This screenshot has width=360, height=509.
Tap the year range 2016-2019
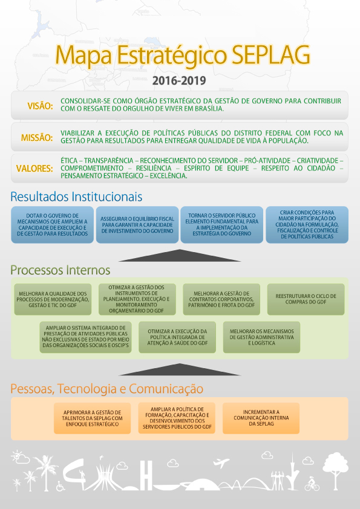179,80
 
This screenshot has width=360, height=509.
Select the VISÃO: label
41,106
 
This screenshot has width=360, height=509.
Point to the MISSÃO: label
37,138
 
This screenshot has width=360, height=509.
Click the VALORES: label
34,169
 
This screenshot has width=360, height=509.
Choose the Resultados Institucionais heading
76,196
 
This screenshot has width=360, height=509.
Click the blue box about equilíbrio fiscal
137,225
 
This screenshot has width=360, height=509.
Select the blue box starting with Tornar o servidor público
222,225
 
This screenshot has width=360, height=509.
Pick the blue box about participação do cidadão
307,225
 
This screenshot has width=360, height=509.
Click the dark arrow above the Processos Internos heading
180,256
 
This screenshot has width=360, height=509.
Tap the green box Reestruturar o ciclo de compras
306,299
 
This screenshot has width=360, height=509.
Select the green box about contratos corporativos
221,299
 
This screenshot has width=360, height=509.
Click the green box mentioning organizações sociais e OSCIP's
85,337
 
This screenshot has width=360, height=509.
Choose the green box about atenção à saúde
177,337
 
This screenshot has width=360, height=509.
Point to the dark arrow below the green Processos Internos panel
180,369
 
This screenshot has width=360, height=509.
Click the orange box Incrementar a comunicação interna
261,418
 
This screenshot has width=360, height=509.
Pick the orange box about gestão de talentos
93,418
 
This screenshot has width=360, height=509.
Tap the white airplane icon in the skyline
221,462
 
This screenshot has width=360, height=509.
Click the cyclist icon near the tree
312,484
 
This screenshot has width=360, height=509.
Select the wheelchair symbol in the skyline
61,486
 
